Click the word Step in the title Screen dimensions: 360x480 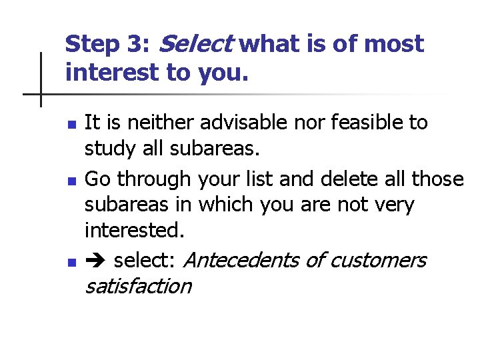(91, 45)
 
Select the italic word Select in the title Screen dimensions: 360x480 (195, 44)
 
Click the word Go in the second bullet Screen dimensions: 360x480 (97, 179)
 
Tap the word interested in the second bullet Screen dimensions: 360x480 (133, 231)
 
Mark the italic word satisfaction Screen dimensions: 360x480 (137, 287)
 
